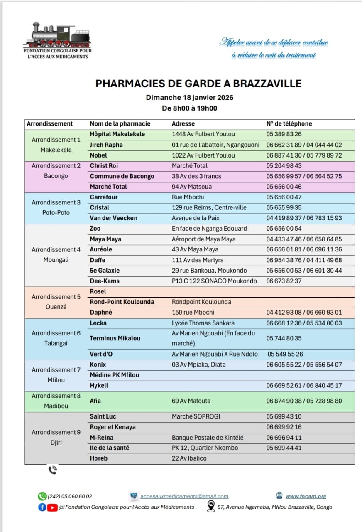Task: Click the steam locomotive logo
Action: pyautogui.click(x=57, y=35)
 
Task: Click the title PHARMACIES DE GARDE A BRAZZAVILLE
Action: pyautogui.click(x=198, y=84)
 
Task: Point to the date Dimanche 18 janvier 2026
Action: pyautogui.click(x=189, y=98)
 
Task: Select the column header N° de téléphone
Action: pyautogui.click(x=289, y=124)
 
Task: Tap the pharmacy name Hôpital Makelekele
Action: pyautogui.click(x=117, y=134)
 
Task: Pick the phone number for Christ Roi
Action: pyautogui.click(x=284, y=166)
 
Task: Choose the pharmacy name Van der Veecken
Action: pyautogui.click(x=113, y=218)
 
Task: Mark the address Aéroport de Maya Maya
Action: pyautogui.click(x=203, y=239)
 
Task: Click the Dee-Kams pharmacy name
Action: pyautogui.click(x=105, y=281)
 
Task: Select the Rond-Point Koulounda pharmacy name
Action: pyautogui.click(x=122, y=302)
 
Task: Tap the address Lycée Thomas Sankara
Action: pyautogui.click(x=203, y=323)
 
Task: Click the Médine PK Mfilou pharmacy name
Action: pyautogui.click(x=114, y=375)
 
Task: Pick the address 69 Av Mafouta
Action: pyautogui.click(x=191, y=401)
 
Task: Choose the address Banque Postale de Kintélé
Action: pyautogui.click(x=208, y=438)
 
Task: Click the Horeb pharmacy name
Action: pyautogui.click(x=99, y=458)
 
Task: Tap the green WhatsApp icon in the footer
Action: pyautogui.click(x=42, y=496)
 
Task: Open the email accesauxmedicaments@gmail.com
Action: pyautogui.click(x=184, y=496)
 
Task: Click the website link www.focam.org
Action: pyautogui.click(x=306, y=496)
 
